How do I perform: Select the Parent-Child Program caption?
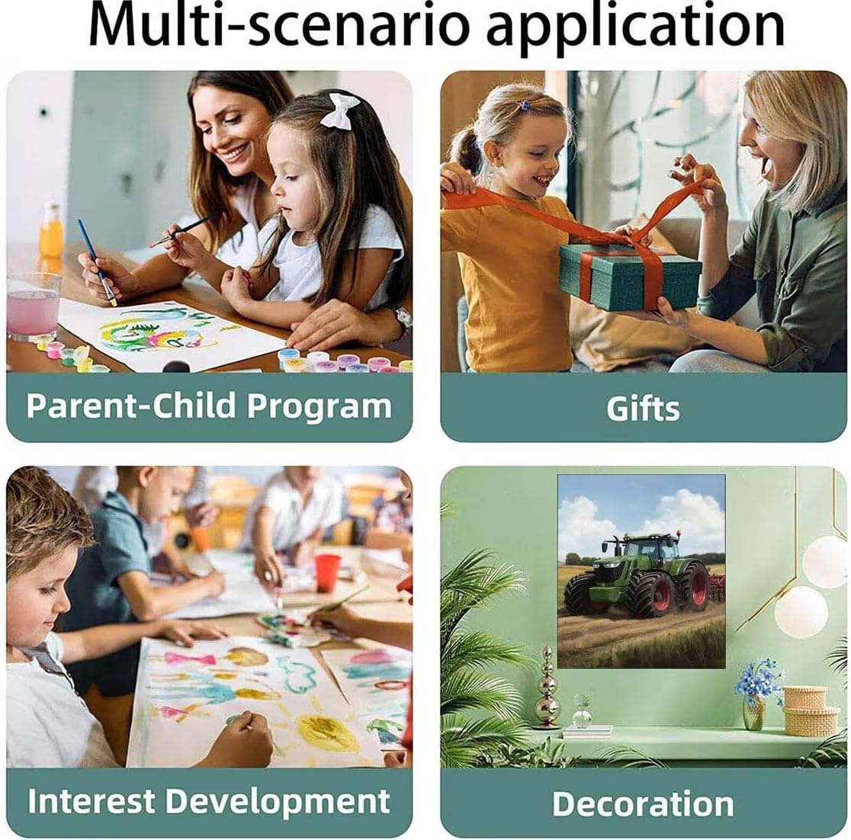coord(209,406)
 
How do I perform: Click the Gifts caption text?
coord(643,408)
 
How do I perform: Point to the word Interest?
coord(90,800)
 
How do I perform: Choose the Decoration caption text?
coord(643,803)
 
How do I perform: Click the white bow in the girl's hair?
coord(340,110)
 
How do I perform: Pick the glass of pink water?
coord(33,306)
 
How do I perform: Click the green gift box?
coord(630,276)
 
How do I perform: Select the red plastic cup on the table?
coord(326,572)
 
